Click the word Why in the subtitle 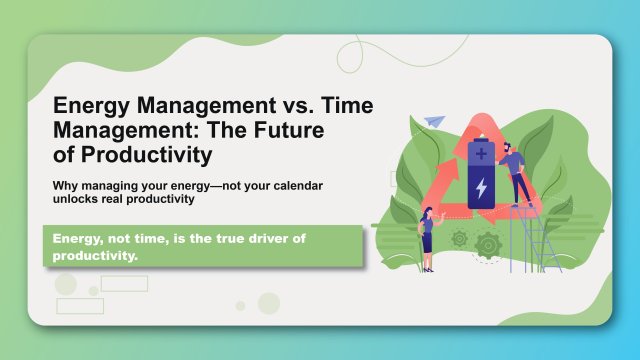(x=66, y=186)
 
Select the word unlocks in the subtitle (x=78, y=199)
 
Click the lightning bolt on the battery (x=481, y=186)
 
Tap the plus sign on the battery (x=482, y=154)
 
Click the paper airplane (x=433, y=121)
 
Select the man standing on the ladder (x=514, y=170)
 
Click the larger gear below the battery (x=487, y=243)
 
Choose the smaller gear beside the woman (x=459, y=238)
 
